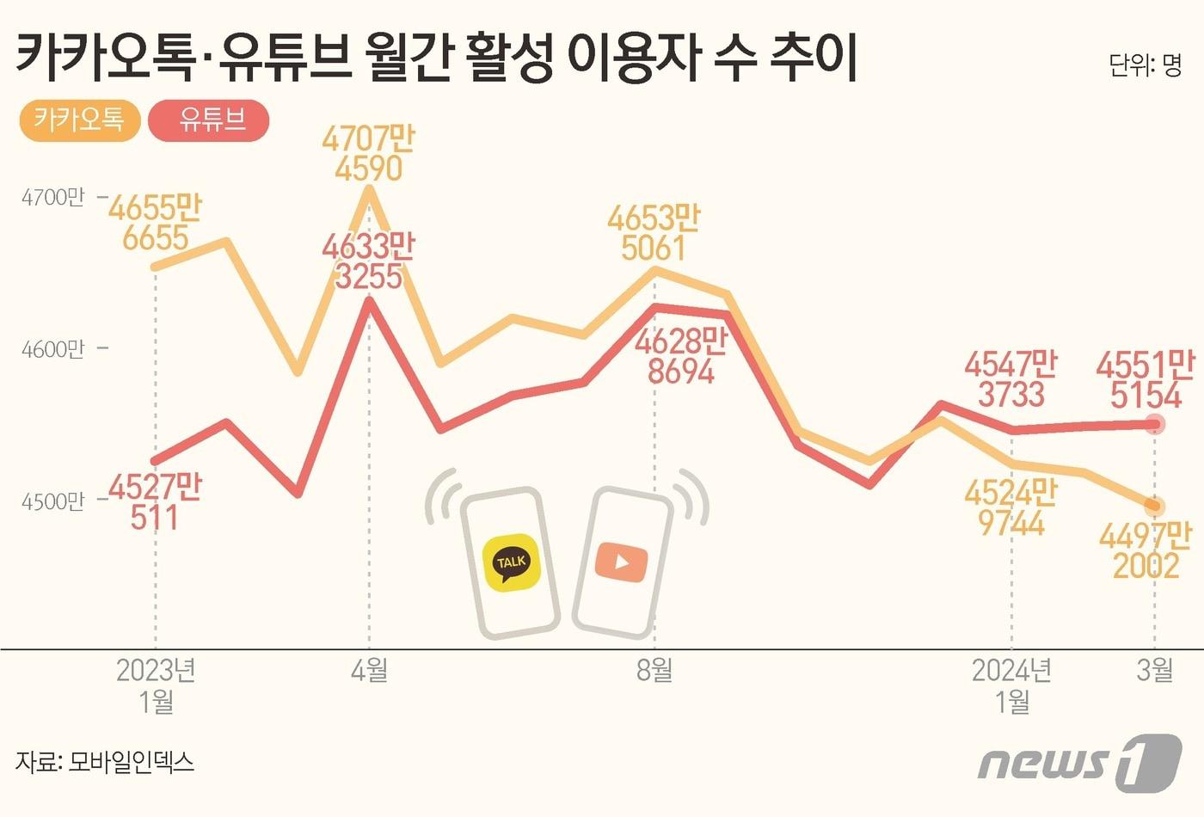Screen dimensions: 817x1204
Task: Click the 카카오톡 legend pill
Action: [x=78, y=120]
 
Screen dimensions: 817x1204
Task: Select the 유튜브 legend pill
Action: [x=209, y=120]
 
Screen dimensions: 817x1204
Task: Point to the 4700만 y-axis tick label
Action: [x=53, y=198]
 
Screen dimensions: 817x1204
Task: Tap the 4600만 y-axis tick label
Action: [x=53, y=350]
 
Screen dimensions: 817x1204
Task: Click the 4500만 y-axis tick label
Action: [x=53, y=501]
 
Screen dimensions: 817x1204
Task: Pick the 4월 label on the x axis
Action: [x=369, y=670]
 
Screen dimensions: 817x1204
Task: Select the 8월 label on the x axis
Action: [x=654, y=670]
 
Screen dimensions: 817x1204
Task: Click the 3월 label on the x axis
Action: [x=1154, y=670]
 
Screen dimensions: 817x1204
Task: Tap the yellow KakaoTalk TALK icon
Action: [x=511, y=562]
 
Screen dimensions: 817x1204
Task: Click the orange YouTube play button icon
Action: [x=621, y=563]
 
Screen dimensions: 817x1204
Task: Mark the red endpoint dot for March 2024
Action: [x=1155, y=423]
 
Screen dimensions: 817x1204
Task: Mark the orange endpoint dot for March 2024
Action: [x=1154, y=506]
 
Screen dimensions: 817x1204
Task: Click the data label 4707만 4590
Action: [x=369, y=153]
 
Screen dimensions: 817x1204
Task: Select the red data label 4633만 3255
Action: [x=369, y=261]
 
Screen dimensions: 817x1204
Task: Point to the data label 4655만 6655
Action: [x=155, y=223]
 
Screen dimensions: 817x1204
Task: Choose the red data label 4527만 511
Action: [x=155, y=502]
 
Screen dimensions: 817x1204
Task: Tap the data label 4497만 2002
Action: [x=1146, y=551]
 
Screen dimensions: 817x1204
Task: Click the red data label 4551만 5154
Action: [x=1146, y=380]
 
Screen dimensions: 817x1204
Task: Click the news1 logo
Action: [x=1079, y=762]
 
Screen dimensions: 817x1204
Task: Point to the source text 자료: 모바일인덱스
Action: [x=105, y=762]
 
